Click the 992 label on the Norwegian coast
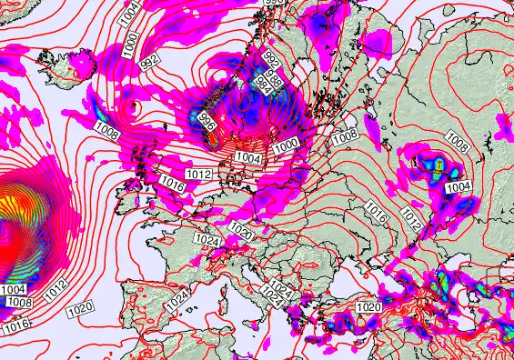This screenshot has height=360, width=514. point(270,57)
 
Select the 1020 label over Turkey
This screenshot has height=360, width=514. point(368,307)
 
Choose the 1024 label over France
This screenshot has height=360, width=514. point(208,240)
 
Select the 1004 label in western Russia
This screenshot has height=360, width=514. point(459,185)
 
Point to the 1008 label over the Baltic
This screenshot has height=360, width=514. point(345,136)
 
